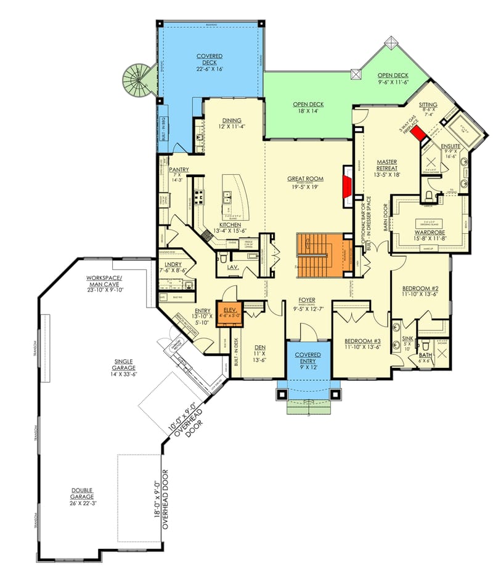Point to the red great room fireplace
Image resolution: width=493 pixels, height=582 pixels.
348,183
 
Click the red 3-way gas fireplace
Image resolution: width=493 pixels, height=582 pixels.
420,134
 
